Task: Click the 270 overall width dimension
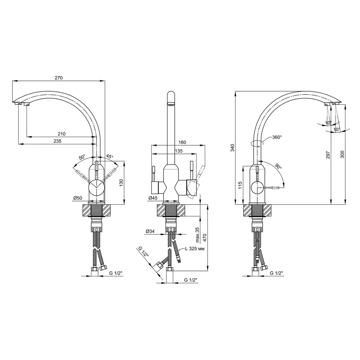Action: point(58,78)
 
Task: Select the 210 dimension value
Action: point(62,134)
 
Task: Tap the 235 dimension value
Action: point(57,141)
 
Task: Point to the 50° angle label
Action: point(82,157)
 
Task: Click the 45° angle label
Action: point(110,156)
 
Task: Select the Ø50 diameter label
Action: point(78,198)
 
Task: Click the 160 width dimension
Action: point(182,142)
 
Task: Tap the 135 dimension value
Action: point(179,151)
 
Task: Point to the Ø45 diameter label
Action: point(153,198)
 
